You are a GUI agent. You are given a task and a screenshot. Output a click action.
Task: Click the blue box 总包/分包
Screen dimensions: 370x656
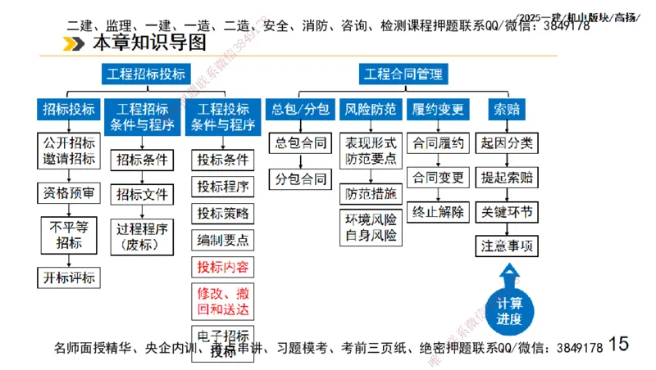point(300,109)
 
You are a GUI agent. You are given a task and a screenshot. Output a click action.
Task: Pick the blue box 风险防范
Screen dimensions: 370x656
point(370,109)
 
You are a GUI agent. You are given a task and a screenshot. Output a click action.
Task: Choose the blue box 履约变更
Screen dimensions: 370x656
point(439,109)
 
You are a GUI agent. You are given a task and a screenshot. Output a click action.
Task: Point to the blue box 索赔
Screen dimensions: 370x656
point(507,109)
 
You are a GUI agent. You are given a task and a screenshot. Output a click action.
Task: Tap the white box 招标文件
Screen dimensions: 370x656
point(142,194)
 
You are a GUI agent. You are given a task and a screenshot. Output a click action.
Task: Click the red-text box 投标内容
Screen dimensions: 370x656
point(222,267)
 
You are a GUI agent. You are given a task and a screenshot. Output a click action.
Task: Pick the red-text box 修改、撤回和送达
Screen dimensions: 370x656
point(222,300)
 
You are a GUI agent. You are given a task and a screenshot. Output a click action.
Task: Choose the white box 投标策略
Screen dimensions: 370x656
point(222,213)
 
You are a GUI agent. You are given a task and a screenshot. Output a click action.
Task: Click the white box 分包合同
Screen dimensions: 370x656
point(300,178)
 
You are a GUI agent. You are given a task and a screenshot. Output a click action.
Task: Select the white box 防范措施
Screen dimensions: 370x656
point(370,193)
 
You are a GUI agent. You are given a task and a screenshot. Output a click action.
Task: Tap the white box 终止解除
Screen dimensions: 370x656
point(439,212)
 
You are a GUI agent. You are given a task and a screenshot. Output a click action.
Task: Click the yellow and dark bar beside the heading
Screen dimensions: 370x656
point(75,43)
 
